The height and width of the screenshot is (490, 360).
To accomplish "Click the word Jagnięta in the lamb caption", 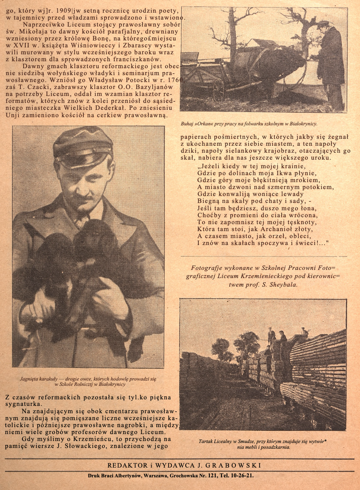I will [29, 379].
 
